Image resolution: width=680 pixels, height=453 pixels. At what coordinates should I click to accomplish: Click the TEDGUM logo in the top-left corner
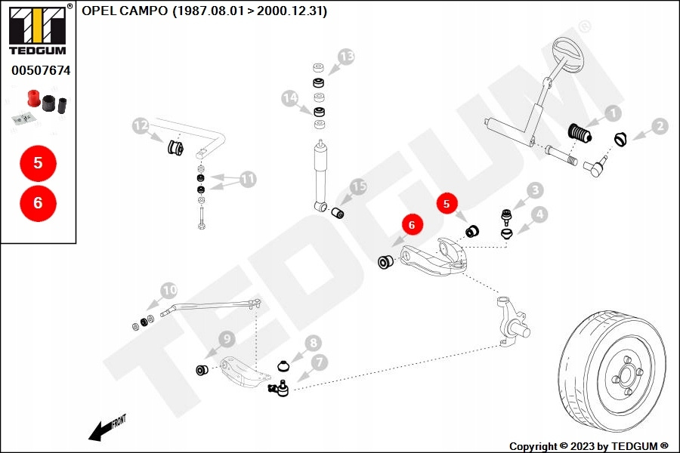pyautogui.click(x=37, y=30)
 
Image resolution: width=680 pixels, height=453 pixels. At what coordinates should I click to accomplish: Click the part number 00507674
pyautogui.click(x=41, y=70)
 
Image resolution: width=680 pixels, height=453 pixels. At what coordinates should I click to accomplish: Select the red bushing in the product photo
pyautogui.click(x=33, y=98)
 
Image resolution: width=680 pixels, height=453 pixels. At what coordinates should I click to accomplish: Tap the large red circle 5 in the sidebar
pyautogui.click(x=39, y=163)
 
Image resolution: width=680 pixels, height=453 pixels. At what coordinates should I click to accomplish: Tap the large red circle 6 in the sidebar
pyautogui.click(x=39, y=203)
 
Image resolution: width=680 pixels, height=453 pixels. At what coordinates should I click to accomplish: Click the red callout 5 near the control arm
pyautogui.click(x=447, y=204)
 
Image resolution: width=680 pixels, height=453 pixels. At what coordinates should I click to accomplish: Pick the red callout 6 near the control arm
pyautogui.click(x=412, y=224)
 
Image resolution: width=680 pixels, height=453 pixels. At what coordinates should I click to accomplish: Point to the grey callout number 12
pyautogui.click(x=141, y=126)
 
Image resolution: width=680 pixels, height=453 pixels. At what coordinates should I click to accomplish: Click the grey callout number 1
pyautogui.click(x=614, y=113)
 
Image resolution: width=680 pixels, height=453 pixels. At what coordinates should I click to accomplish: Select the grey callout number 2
pyautogui.click(x=660, y=126)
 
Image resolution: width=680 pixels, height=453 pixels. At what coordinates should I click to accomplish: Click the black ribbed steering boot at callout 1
pyautogui.click(x=580, y=133)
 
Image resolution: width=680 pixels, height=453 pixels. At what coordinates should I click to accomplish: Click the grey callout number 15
pyautogui.click(x=359, y=186)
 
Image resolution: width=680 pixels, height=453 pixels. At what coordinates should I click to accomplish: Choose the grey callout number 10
pyautogui.click(x=169, y=291)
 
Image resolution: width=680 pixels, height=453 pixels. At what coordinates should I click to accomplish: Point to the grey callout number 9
pyautogui.click(x=227, y=338)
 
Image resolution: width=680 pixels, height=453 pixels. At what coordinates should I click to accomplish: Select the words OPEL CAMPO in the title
pyautogui.click(x=125, y=11)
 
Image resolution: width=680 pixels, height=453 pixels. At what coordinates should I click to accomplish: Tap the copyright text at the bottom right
pyautogui.click(x=589, y=446)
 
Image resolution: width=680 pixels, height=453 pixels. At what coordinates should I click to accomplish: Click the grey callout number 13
pyautogui.click(x=347, y=57)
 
